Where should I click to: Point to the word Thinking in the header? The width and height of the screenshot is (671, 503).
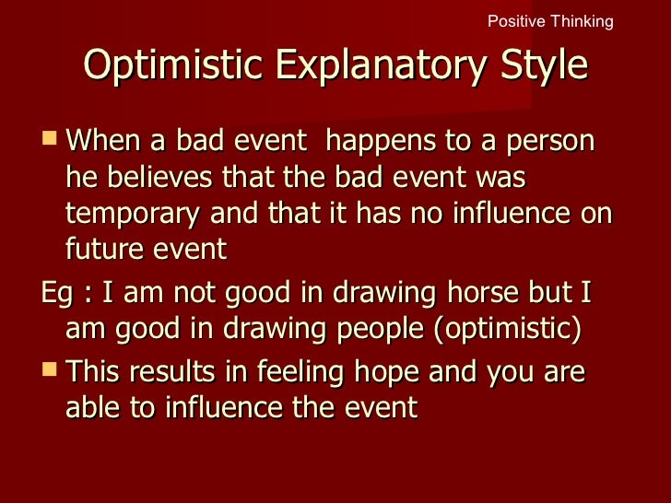click(x=580, y=21)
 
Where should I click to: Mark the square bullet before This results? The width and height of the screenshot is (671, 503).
click(x=50, y=370)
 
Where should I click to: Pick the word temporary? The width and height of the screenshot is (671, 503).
click(x=135, y=214)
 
